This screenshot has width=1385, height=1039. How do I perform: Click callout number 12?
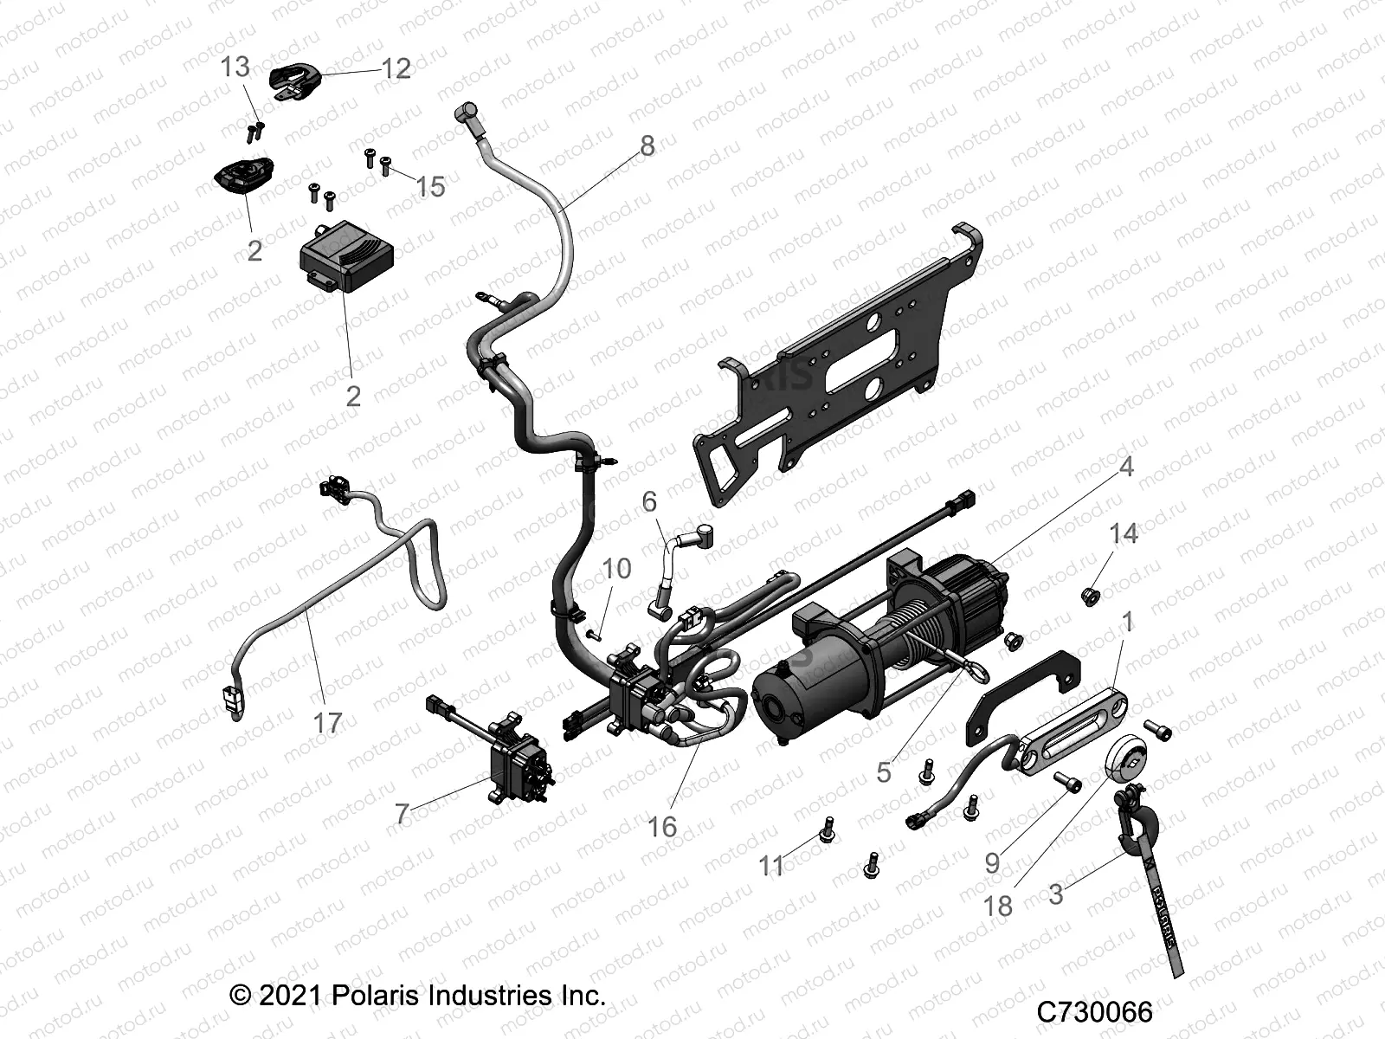coord(396,68)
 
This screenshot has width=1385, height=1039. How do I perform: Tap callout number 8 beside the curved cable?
coord(647,145)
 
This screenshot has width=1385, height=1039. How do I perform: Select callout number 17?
coord(327,721)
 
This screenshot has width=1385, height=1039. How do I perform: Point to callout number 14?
coord(1124,534)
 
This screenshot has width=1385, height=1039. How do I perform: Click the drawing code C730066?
coord(1095,1011)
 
